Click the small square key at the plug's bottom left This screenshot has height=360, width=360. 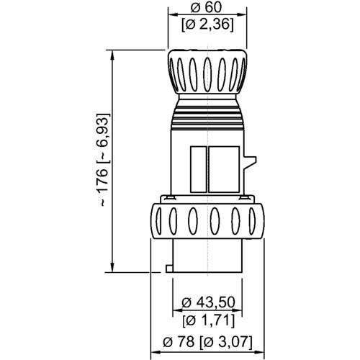(x=168, y=269)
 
